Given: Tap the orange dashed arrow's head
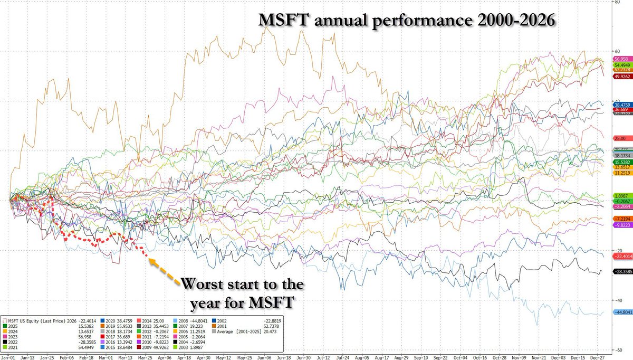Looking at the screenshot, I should (150, 259).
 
